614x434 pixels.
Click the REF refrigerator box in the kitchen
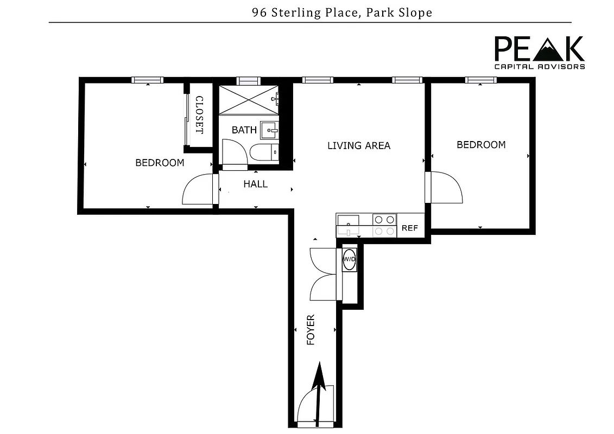pyautogui.click(x=410, y=228)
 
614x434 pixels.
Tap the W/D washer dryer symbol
pyautogui.click(x=349, y=259)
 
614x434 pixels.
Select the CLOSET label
pyautogui.click(x=199, y=115)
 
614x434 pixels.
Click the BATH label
pyautogui.click(x=244, y=130)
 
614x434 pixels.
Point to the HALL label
pyautogui.click(x=255, y=184)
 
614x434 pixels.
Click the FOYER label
pyautogui.click(x=311, y=329)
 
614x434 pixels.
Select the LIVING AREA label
pyautogui.click(x=358, y=145)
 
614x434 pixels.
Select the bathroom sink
pyautogui.click(x=269, y=130)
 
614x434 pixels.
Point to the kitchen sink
pyautogui.click(x=347, y=220)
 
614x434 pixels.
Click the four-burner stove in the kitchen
pyautogui.click(x=384, y=225)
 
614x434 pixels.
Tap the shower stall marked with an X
pyautogui.click(x=247, y=99)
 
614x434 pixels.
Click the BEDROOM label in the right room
pyautogui.click(x=480, y=145)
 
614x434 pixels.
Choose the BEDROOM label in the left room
pyautogui.click(x=160, y=163)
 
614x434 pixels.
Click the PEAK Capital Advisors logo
pyautogui.click(x=539, y=53)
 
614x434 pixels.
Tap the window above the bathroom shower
pyautogui.click(x=249, y=80)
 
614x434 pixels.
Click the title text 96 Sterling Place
pyautogui.click(x=341, y=12)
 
